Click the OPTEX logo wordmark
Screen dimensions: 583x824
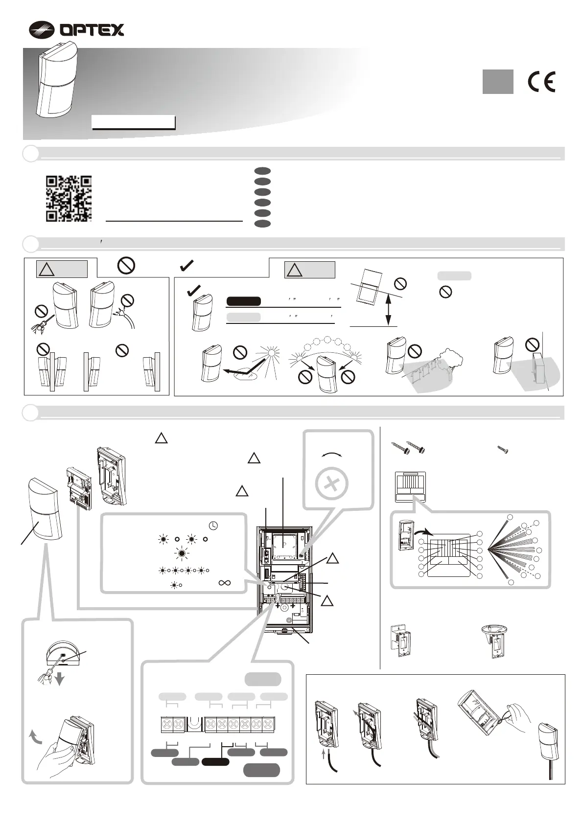coord(92,30)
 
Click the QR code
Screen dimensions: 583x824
coord(69,198)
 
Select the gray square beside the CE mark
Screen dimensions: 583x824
coord(498,82)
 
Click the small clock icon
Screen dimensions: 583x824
coord(213,526)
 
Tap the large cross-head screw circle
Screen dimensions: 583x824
coord(332,483)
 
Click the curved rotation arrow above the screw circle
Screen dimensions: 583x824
coord(332,455)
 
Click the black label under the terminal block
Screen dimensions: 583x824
coord(215,762)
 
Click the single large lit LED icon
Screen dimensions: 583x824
coord(182,554)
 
